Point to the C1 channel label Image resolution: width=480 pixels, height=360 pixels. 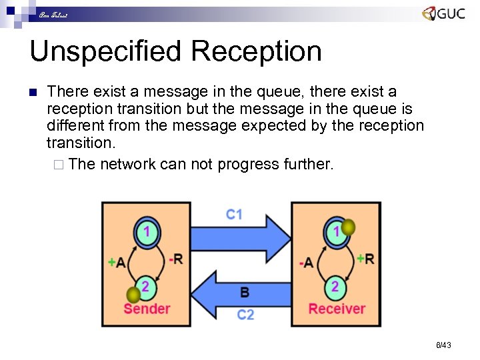tap(234, 214)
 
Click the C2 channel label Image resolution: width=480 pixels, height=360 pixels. tap(245, 313)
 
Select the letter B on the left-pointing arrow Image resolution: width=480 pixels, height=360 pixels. tap(244, 291)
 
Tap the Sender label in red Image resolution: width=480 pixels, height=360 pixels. tap(147, 309)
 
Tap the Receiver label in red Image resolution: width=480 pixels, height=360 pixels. tap(337, 309)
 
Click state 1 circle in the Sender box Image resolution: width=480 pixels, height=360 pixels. tap(147, 232)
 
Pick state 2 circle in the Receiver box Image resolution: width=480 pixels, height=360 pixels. tap(335, 287)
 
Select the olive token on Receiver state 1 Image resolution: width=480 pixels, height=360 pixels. tap(348, 227)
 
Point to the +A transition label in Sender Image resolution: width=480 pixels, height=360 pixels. tap(116, 263)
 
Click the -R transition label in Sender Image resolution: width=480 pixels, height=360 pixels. tap(176, 259)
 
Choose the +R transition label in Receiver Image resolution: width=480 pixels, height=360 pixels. tap(365, 258)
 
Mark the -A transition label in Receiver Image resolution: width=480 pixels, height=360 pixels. tap(306, 263)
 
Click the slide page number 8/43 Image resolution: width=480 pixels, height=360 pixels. tap(443, 345)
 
